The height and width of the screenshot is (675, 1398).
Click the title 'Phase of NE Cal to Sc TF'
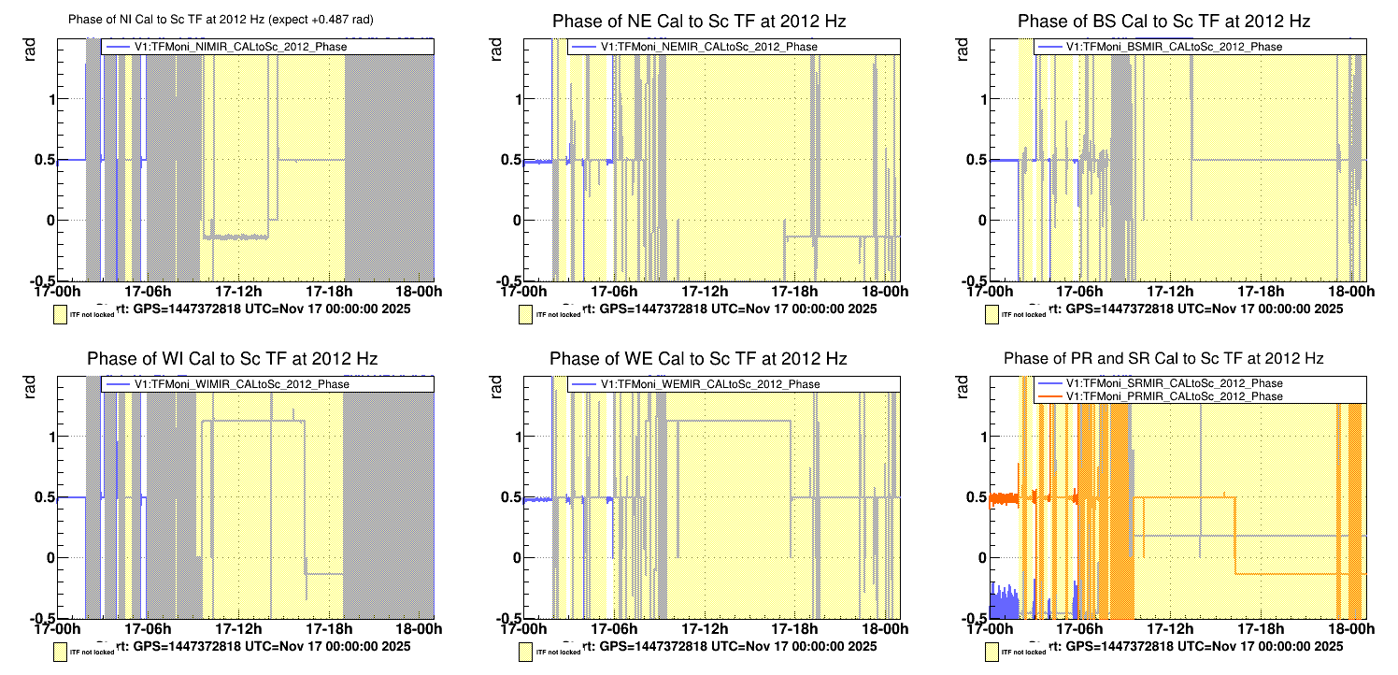pyautogui.click(x=698, y=21)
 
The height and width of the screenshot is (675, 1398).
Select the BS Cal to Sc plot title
pyautogui.click(x=1163, y=21)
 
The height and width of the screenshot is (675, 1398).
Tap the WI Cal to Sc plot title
pyautogui.click(x=232, y=358)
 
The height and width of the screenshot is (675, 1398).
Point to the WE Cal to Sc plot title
pyautogui.click(x=698, y=358)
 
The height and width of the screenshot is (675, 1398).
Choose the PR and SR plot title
pyautogui.click(x=1163, y=358)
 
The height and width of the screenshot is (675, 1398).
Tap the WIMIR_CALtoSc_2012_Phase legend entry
pyautogui.click(x=240, y=384)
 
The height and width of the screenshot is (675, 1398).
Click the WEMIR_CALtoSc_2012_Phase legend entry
pyautogui.click(x=709, y=384)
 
